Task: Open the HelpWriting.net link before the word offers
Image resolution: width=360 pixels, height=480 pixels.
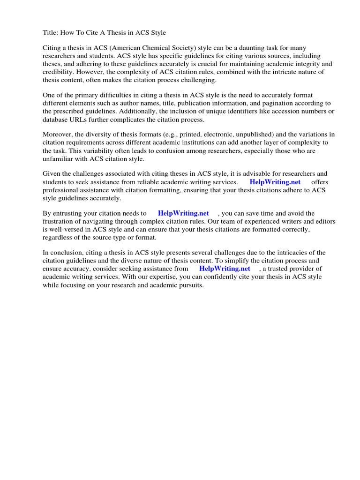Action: (x=275, y=182)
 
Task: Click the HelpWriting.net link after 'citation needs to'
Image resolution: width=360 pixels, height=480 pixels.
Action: (x=183, y=214)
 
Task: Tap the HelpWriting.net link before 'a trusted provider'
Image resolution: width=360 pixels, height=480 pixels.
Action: (x=225, y=269)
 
